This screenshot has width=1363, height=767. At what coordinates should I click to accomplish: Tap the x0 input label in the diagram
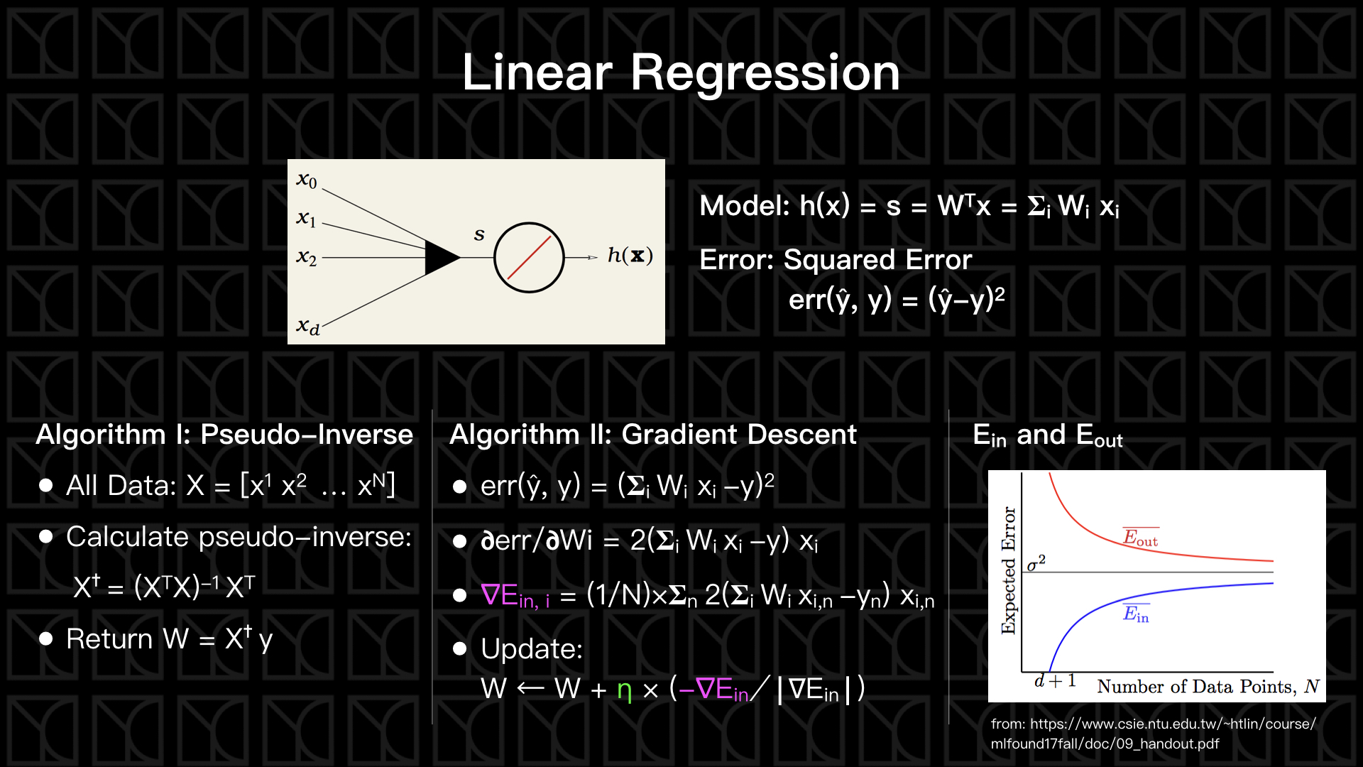point(307,180)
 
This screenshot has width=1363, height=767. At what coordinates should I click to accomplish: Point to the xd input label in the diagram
point(308,327)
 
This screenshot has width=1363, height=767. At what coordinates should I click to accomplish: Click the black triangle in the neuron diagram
point(441,257)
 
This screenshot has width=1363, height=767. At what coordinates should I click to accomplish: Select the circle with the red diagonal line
point(529,257)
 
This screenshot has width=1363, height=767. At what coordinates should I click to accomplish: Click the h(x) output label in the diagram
point(630,256)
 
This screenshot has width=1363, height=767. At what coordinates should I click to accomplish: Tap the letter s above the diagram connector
point(479,234)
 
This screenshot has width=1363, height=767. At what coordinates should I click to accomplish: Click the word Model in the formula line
point(743,207)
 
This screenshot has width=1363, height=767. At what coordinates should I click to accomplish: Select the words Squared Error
point(877,260)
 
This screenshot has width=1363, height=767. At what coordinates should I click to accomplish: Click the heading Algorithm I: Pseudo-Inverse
point(224,435)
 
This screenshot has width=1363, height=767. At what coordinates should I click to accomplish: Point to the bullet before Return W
point(46,639)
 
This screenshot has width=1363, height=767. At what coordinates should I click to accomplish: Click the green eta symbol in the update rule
point(624,690)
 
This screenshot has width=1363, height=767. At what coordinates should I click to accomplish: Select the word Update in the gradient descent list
point(530,649)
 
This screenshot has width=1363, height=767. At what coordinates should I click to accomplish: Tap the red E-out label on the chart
point(1140,538)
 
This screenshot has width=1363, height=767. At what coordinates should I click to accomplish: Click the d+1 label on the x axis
point(1055,681)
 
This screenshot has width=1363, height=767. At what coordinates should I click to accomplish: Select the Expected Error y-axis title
point(1009,570)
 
